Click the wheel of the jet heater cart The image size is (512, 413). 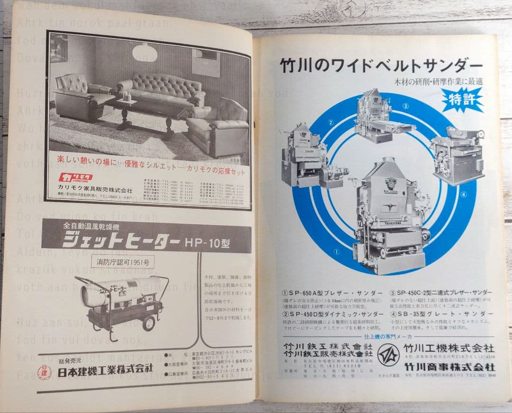click(149, 323)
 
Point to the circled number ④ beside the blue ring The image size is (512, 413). click(463, 193)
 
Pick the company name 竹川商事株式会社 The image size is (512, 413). click(449, 367)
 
